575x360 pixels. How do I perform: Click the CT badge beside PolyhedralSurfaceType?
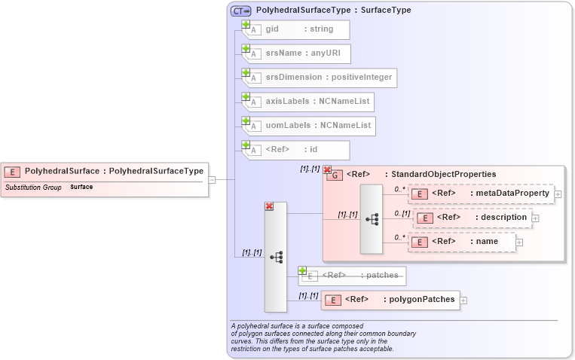(x=241, y=11)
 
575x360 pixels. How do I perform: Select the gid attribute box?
(x=295, y=29)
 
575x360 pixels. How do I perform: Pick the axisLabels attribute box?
(x=308, y=102)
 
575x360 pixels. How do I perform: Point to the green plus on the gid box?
(x=246, y=24)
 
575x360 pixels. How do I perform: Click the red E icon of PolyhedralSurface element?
(x=14, y=172)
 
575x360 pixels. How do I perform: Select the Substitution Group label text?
(x=33, y=187)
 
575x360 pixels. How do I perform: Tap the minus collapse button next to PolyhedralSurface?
(x=213, y=179)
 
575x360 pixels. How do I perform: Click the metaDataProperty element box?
(x=482, y=194)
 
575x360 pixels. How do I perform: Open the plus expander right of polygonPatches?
(x=463, y=300)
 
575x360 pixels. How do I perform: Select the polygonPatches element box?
(x=390, y=300)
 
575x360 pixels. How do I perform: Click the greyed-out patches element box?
(x=353, y=276)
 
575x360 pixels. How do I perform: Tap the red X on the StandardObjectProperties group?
(x=328, y=170)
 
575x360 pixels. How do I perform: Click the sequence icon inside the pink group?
(x=372, y=218)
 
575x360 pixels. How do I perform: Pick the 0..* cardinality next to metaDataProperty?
(x=400, y=189)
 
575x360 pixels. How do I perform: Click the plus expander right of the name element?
(x=519, y=242)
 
